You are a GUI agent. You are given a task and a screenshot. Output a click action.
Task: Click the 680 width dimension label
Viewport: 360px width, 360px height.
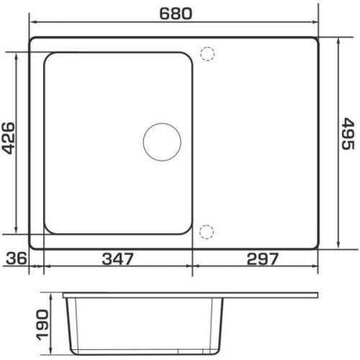pos(176,14)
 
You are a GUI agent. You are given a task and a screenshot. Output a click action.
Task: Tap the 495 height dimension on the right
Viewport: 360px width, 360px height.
pos(348,134)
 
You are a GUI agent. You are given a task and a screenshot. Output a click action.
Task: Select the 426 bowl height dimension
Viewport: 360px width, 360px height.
pos(8,138)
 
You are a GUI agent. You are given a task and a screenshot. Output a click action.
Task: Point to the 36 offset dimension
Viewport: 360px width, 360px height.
pos(17,258)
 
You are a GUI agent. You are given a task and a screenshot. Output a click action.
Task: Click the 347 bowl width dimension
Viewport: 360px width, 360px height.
pos(117,259)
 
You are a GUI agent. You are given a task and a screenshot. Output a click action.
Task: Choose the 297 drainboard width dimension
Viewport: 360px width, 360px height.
pos(263,259)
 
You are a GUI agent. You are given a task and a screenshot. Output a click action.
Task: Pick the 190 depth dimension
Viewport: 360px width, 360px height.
pos(42,325)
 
